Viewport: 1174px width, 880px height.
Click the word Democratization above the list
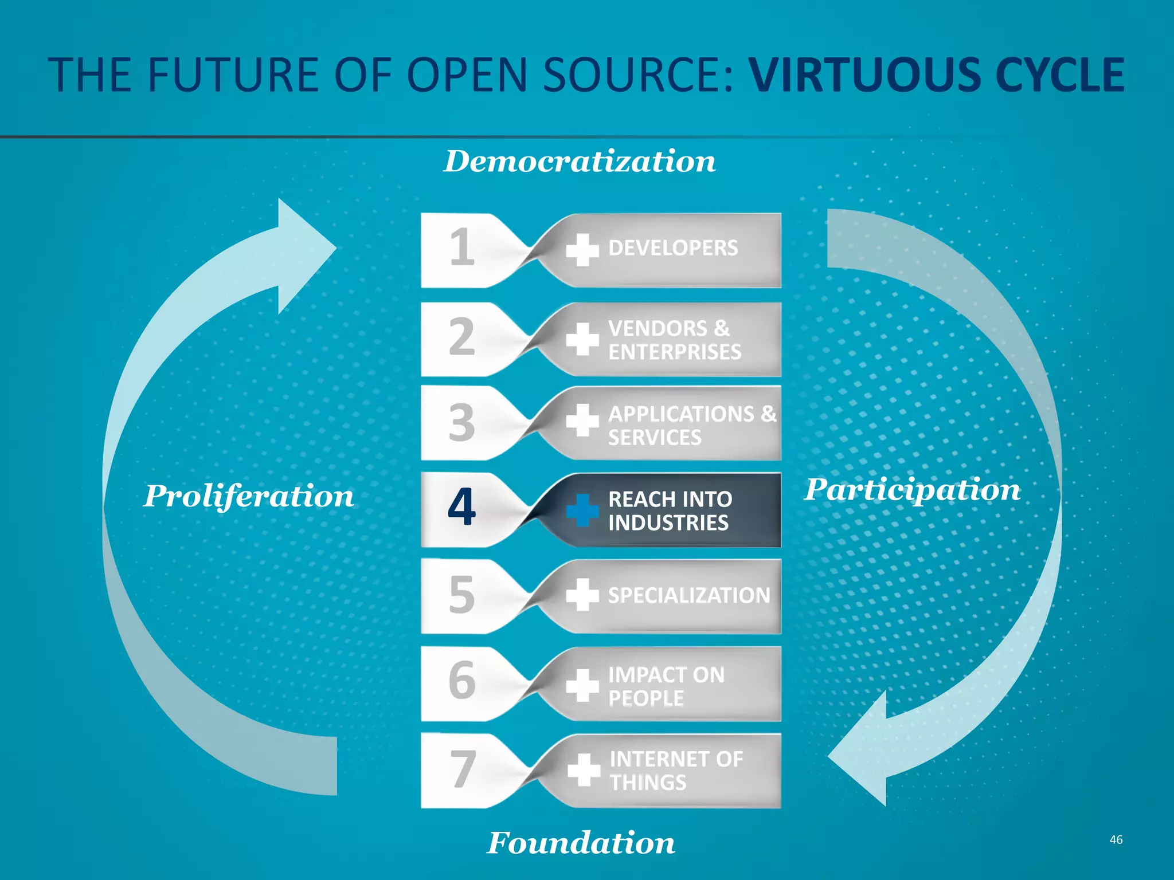tap(580, 162)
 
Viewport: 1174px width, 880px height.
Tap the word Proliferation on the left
tap(249, 496)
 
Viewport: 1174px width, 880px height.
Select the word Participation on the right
tap(912, 490)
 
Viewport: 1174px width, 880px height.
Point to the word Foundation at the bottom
tap(581, 843)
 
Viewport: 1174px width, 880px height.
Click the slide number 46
tap(1116, 840)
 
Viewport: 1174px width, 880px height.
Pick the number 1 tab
tap(462, 248)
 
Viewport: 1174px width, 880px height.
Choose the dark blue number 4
tap(462, 507)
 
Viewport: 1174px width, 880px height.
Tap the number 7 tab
tap(462, 769)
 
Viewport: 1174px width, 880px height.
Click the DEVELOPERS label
tap(673, 249)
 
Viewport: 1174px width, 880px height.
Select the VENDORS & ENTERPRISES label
tap(674, 340)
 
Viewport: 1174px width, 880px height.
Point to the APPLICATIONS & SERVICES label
tap(691, 426)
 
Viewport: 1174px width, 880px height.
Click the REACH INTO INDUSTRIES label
tap(670, 511)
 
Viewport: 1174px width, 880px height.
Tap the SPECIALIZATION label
tap(689, 596)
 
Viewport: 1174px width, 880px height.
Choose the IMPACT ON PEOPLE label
tap(666, 686)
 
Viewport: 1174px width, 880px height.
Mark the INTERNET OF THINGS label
tap(676, 771)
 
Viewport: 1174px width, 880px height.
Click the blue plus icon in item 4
tap(582, 510)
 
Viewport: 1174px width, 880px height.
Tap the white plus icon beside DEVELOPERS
tap(582, 250)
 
